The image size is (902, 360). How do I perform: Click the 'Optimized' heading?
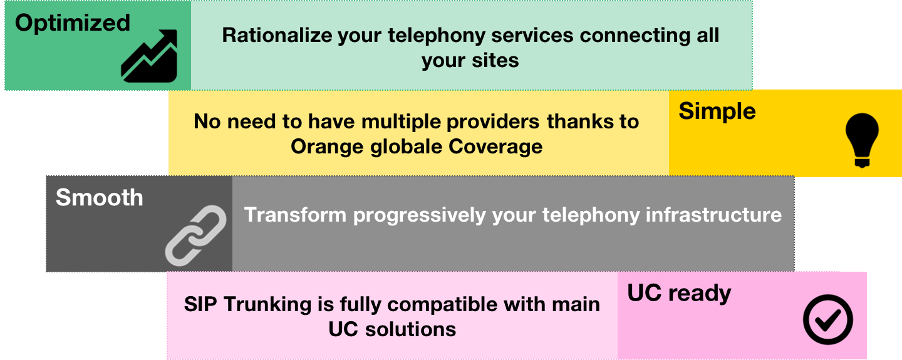point(73,24)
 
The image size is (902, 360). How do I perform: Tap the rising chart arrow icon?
point(149,56)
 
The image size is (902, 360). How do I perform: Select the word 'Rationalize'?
point(277,35)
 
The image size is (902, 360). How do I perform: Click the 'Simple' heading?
point(717,111)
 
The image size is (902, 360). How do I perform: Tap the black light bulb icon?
point(862,140)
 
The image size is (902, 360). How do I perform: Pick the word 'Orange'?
point(328,147)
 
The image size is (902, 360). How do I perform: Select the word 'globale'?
point(406,147)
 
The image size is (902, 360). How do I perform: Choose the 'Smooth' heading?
point(99,197)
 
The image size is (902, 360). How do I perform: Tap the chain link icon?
point(195,235)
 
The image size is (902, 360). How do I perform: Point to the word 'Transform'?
point(295,215)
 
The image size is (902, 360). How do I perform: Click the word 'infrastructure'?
point(713,215)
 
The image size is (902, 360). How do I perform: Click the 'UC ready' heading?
point(679,293)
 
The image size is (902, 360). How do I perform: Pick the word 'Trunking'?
point(267,304)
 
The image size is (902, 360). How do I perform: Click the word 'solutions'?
point(410,329)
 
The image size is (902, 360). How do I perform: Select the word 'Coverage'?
point(495,147)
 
